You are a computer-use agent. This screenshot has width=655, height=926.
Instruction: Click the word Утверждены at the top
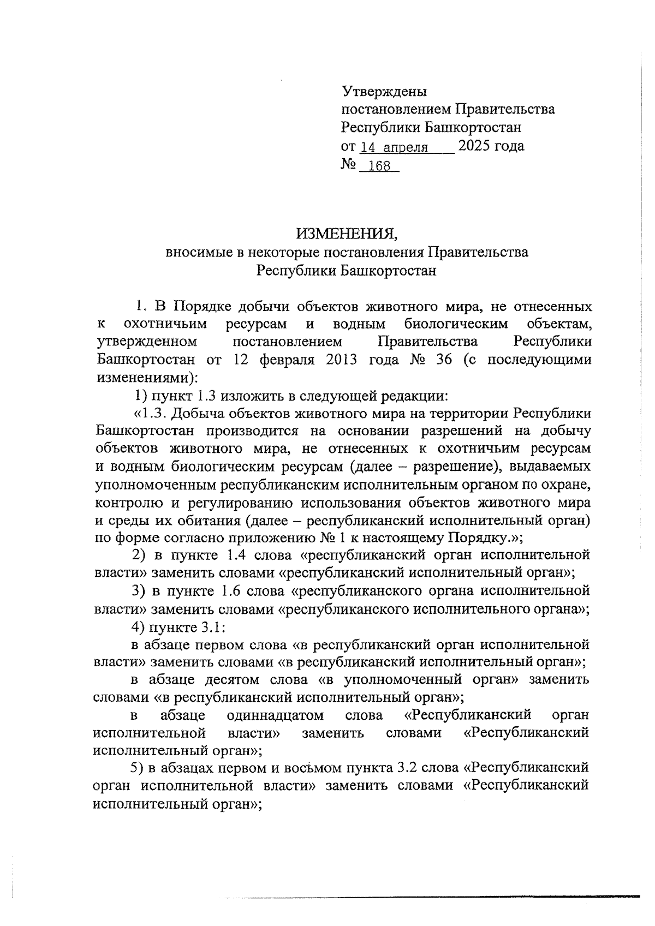click(383, 91)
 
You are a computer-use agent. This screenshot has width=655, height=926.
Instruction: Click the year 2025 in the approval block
click(474, 146)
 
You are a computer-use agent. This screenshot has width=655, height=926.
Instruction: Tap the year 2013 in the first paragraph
click(340, 360)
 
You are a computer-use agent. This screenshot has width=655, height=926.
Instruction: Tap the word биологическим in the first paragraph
click(456, 324)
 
